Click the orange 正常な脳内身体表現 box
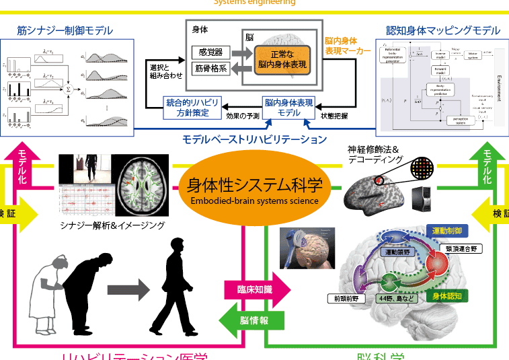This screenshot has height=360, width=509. [x=281, y=59]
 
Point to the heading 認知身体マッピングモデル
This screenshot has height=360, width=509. [x=443, y=30]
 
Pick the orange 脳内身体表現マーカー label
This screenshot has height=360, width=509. [x=347, y=45]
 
